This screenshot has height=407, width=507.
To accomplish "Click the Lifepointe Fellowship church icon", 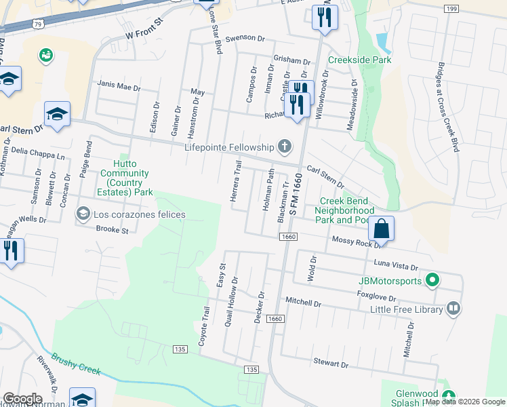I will point(285,147).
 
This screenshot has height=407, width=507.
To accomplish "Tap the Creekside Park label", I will point(360,60).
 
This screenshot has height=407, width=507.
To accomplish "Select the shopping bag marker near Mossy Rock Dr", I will point(382,229).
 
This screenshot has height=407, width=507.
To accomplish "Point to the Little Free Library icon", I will point(453,309).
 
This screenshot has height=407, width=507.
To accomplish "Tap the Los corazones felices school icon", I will point(83,214).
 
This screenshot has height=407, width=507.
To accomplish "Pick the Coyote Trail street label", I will point(204,326).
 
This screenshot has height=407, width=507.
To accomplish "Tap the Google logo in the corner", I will point(22,399).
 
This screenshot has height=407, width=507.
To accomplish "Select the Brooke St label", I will point(112,231).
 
